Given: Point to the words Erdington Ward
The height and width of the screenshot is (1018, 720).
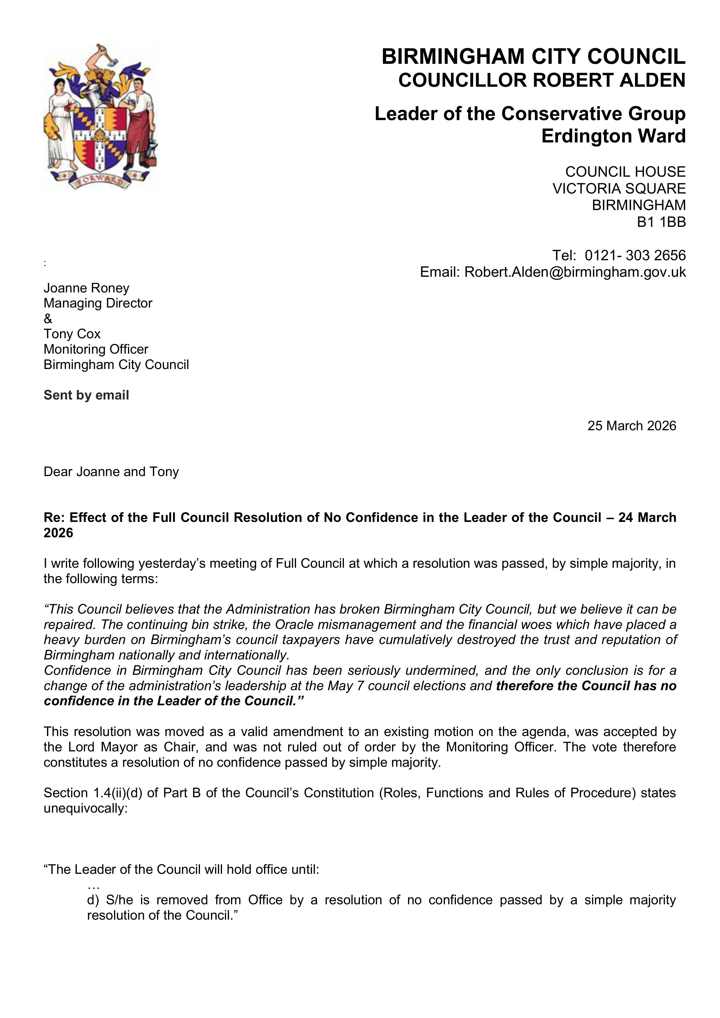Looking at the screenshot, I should coord(613,136).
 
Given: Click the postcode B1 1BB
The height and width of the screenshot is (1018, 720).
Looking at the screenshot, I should coord(661,222).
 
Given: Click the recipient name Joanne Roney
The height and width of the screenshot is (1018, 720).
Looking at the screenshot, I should coord(86,288).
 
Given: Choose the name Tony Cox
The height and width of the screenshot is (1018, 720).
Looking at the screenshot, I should coord(72,334).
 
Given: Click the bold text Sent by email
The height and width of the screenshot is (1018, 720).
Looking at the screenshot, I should coord(86,395).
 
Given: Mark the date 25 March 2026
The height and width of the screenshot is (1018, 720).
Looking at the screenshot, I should coord(632,426).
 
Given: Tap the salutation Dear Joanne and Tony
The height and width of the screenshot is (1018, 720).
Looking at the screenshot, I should coord(111,472).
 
